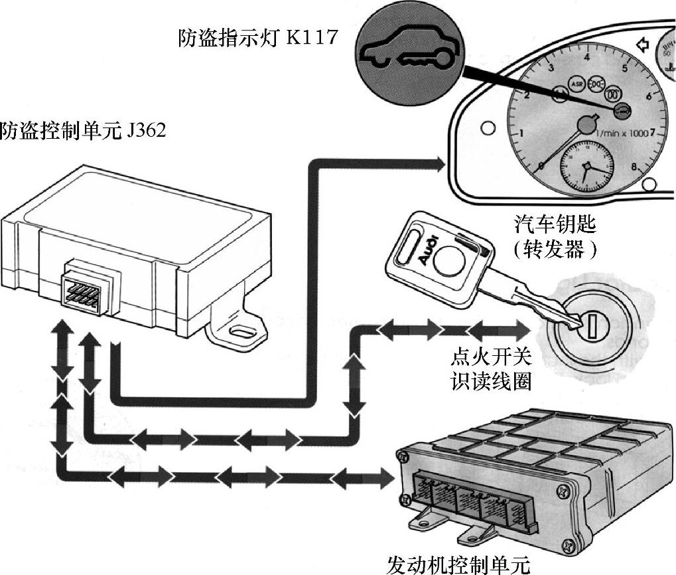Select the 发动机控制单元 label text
pos(458,564)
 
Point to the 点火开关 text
pos(491,359)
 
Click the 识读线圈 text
pos(491,382)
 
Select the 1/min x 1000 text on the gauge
pos(622,133)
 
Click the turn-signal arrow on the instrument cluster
pos(642,44)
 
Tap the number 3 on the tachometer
pos(550,68)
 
